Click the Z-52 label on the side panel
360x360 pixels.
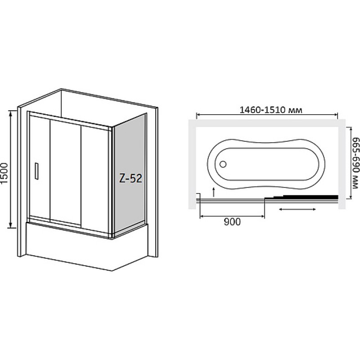130,178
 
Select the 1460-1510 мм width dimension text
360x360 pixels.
271,110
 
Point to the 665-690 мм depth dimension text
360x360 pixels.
355,163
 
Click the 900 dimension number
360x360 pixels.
232,222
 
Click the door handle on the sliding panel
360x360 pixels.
36,171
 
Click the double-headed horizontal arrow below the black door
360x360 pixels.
297,209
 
